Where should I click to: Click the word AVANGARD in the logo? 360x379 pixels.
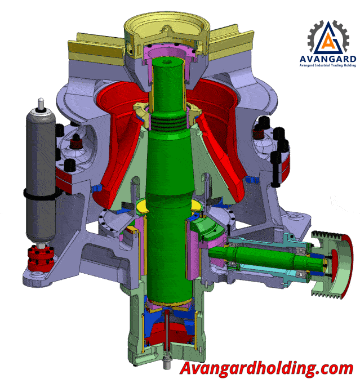pos(327,59)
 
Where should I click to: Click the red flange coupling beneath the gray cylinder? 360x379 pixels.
pos(41,258)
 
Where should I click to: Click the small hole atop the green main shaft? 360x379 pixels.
pos(166,62)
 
